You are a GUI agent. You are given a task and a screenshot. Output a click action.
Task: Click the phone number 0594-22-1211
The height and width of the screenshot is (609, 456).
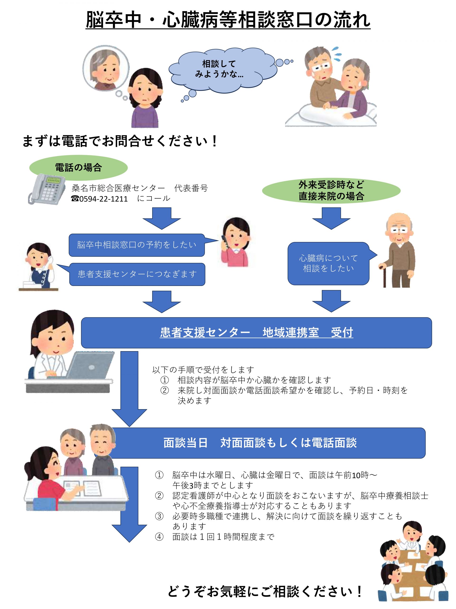pos(103,199)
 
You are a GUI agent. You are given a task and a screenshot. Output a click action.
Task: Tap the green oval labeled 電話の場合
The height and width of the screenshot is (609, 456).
pos(78,167)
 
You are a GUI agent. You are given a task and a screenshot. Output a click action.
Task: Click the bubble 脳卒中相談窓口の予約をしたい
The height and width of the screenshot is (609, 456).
pos(137,245)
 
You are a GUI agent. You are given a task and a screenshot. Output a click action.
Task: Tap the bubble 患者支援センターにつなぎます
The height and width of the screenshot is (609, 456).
pos(137,274)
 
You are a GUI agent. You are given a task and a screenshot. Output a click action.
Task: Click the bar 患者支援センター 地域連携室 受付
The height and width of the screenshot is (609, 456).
pos(256,333)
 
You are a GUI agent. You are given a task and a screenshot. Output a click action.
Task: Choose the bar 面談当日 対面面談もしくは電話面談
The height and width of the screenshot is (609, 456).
pos(260,443)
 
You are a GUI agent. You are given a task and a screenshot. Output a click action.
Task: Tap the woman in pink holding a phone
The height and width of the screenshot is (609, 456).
pos(236,242)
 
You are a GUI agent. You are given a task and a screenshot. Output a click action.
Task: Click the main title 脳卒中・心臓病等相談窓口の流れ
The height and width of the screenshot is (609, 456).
pos(228,20)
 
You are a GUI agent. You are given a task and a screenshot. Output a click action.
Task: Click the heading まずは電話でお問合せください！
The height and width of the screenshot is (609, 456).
pos(120,141)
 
